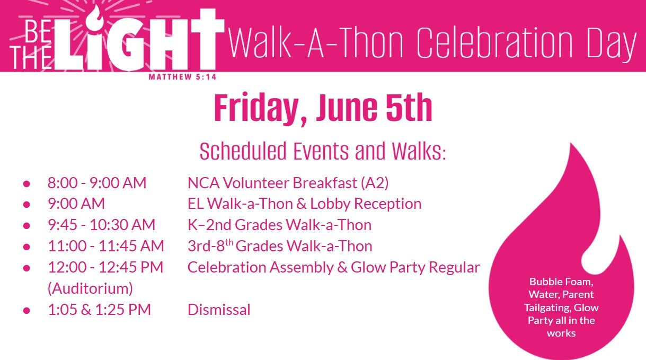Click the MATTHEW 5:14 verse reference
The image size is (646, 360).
tap(182, 77)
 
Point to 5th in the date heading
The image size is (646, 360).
tap(409, 107)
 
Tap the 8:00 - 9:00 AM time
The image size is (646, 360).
tap(97, 183)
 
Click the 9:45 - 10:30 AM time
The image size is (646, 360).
tap(102, 225)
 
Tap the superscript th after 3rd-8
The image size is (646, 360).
tap(229, 242)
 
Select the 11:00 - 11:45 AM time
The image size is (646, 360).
tap(106, 246)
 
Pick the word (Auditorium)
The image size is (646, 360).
tap(90, 288)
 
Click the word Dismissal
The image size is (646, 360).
tap(219, 310)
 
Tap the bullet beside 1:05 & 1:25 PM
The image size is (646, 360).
tap(26, 310)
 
